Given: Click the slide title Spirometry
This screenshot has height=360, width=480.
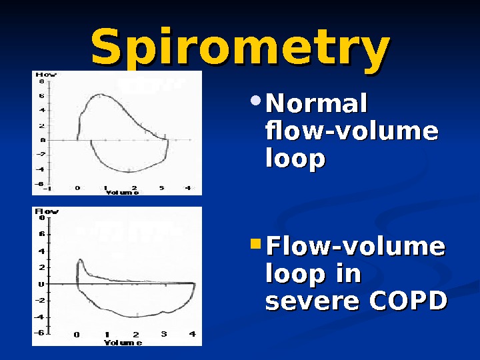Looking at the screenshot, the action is tap(240, 48).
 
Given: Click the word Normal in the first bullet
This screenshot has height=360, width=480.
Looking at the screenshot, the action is tap(317, 105).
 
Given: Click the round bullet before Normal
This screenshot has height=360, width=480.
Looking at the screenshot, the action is tap(257, 102).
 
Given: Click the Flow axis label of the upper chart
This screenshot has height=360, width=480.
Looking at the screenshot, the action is tap(45, 75).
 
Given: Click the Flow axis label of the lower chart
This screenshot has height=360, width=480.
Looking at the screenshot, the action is tap(46, 211).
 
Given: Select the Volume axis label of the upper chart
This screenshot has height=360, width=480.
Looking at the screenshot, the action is tap(122, 193).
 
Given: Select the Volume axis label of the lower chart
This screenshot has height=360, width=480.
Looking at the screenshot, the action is tap(122, 343).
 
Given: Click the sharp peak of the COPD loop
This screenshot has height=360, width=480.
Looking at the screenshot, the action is tap(80, 260).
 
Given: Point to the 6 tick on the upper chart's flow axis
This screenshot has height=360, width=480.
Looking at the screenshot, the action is tap(42, 95).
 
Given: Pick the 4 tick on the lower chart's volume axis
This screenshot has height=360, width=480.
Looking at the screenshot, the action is tap(192, 335).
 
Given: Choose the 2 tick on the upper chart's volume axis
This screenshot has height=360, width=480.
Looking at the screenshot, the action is tap(134, 188).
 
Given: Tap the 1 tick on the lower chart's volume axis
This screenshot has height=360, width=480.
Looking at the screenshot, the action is tap(107, 335).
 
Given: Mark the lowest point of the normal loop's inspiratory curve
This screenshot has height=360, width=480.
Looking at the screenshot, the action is tap(127, 171).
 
